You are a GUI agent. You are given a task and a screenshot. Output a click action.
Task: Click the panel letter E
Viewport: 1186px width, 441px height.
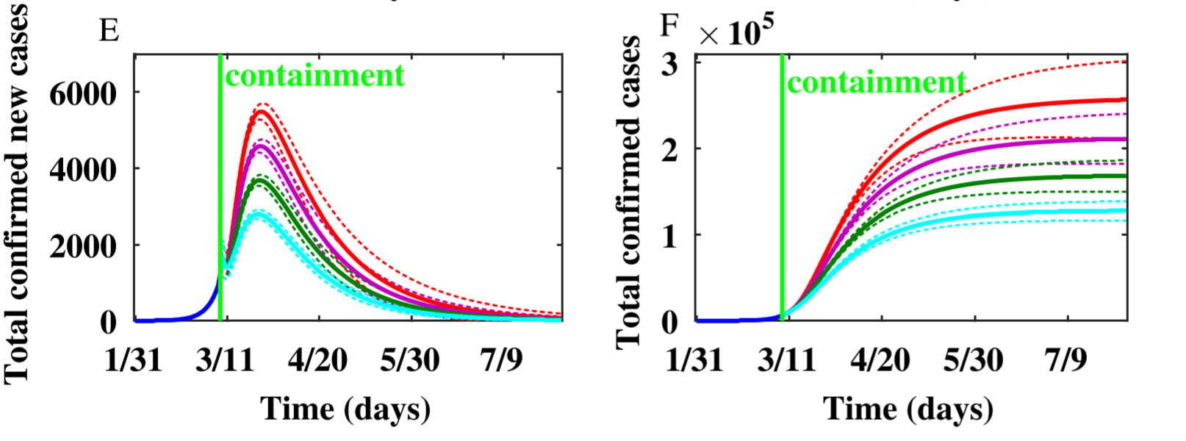(109, 31)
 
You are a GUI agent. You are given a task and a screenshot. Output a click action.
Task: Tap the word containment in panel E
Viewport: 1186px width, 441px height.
(315, 76)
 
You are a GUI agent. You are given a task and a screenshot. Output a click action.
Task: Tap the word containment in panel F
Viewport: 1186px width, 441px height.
(877, 82)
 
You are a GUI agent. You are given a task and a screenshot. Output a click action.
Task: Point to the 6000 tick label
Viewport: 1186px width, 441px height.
(82, 93)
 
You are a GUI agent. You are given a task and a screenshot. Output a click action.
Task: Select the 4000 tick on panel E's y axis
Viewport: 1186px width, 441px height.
(82, 170)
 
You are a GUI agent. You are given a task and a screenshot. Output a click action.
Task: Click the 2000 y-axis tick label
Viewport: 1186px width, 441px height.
(82, 246)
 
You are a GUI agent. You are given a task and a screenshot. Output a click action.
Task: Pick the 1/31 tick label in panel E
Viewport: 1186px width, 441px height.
(133, 360)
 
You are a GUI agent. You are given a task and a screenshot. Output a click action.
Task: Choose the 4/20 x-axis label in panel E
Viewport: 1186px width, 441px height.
(317, 360)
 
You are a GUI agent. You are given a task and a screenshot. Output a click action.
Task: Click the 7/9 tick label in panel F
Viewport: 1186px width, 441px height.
(1066, 360)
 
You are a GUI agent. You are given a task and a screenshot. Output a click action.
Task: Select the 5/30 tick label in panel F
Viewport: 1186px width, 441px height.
(974, 360)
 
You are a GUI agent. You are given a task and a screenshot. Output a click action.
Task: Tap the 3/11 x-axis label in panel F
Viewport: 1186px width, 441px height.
(787, 360)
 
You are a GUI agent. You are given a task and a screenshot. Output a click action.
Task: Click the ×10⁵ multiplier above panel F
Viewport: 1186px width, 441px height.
(736, 32)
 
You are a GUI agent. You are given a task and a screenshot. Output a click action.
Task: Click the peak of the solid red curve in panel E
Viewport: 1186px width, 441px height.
(262, 112)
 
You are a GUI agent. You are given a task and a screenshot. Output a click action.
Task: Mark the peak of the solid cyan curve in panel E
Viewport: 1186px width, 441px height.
(258, 215)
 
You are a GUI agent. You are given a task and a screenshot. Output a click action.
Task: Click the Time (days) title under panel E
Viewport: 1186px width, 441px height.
(345, 409)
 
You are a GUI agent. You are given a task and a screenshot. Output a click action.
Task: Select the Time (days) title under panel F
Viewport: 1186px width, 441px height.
(908, 409)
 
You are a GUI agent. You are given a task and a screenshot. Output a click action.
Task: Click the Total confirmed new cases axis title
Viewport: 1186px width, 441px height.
(18, 193)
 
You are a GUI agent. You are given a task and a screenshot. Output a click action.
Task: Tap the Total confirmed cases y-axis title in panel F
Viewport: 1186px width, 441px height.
(628, 193)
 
